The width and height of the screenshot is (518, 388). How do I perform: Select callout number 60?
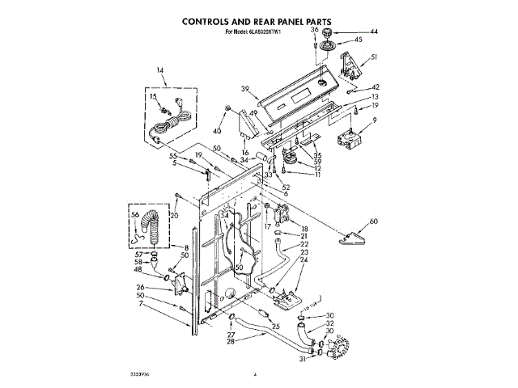coord(373,221)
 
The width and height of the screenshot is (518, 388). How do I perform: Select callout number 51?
coord(374,57)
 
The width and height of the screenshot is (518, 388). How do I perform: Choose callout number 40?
coord(217,130)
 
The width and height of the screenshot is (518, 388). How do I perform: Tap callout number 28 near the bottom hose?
coord(231,342)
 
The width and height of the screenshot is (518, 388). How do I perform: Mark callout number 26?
coord(140,287)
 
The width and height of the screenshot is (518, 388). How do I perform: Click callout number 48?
coord(138,270)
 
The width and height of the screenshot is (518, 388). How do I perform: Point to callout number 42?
coord(376,87)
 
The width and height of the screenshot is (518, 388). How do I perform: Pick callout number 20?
coord(172,216)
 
